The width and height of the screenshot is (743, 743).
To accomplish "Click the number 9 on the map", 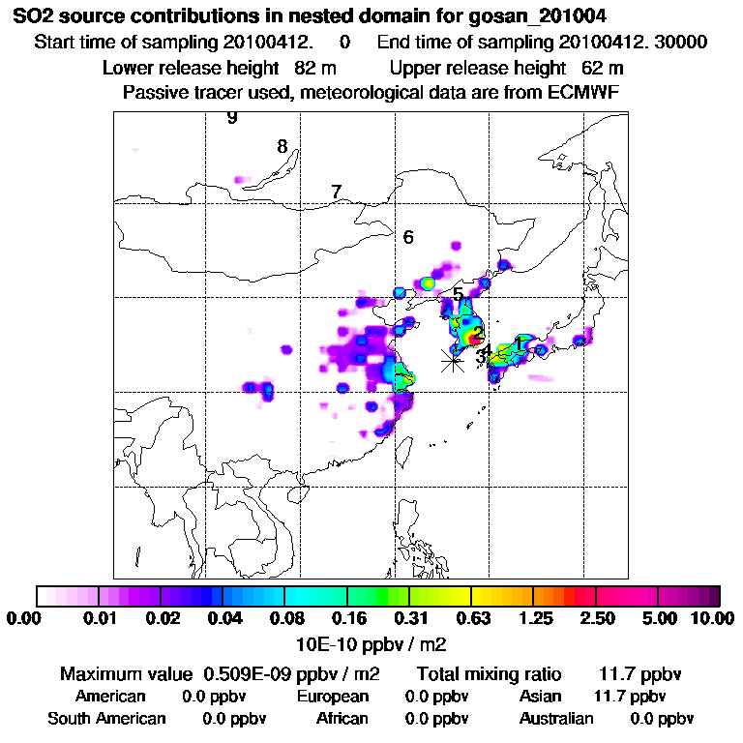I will [231, 118].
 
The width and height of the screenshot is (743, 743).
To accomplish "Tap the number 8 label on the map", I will [282, 147].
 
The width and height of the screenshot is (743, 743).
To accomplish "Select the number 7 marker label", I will [336, 192].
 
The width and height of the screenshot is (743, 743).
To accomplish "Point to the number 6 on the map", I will [408, 237].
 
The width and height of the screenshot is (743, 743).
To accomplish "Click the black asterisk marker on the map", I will [452, 360].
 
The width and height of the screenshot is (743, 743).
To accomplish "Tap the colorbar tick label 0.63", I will [470, 619].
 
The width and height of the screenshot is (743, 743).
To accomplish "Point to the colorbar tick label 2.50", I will [597, 619].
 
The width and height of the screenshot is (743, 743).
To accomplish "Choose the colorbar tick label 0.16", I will [347, 619].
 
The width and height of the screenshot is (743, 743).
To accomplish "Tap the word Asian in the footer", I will [539, 697].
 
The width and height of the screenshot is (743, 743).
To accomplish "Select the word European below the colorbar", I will [332, 697].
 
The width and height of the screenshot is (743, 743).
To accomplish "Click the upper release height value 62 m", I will [602, 68].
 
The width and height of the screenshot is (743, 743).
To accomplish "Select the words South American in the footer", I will [106, 719].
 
